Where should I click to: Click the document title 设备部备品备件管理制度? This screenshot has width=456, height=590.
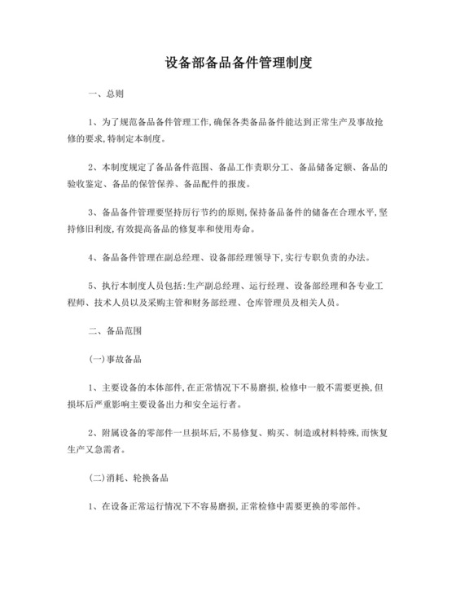(228, 62)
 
